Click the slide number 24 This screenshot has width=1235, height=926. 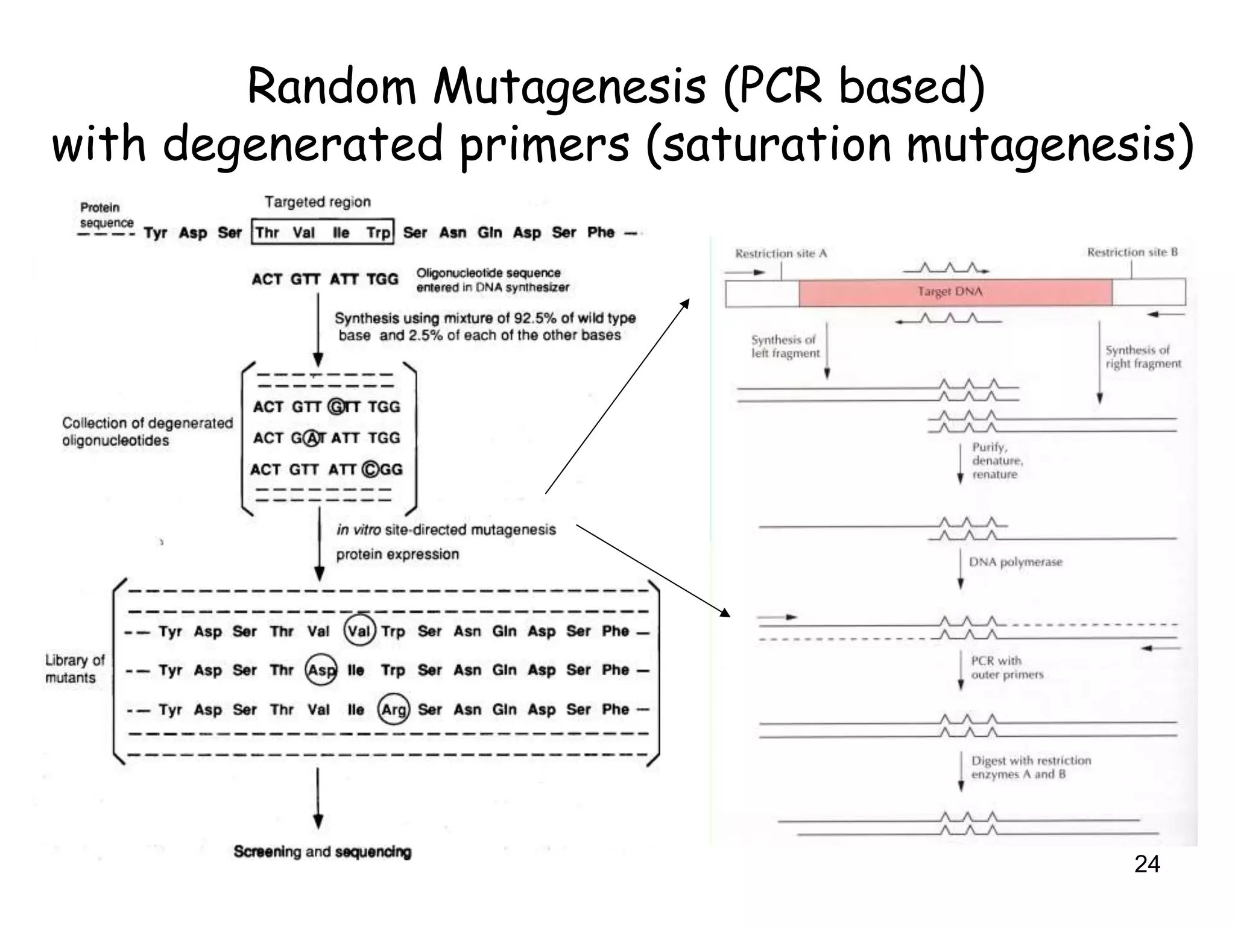coord(1146,865)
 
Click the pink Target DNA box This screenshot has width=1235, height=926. coord(955,292)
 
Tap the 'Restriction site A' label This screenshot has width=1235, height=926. coord(780,254)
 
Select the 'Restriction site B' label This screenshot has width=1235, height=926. coord(1132,252)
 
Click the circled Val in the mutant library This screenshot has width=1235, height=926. coord(359,631)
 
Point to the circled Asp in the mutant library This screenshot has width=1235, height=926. coord(321,670)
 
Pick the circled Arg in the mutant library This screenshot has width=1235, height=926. coord(394,710)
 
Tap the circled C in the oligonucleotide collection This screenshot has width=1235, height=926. coord(371,470)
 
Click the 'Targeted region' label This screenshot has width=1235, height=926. coord(317,202)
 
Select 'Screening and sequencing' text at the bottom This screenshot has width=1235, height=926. coord(322,851)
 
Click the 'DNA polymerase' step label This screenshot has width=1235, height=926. coord(1015,562)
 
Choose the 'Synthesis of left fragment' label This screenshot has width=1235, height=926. coord(785,347)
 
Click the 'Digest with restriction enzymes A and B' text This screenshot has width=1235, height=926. coord(1030,767)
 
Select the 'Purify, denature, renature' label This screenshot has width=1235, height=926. coord(997,461)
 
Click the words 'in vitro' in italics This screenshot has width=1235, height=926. coord(358,529)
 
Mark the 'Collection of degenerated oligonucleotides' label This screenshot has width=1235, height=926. coord(147,432)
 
